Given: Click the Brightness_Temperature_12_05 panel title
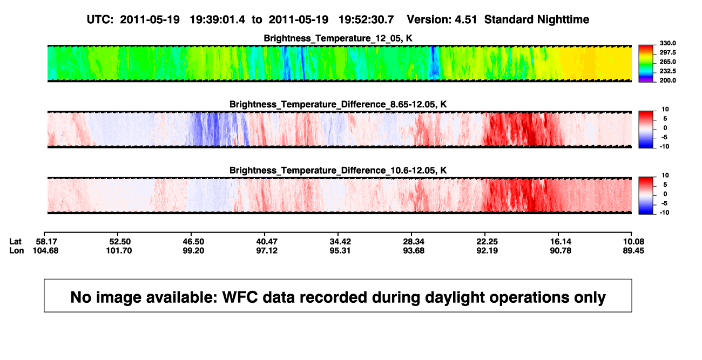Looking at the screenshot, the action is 338,38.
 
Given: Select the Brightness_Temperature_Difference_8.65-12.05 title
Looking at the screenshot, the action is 338,104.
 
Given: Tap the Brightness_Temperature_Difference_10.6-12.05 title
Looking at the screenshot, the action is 338,171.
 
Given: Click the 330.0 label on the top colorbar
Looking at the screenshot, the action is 667,43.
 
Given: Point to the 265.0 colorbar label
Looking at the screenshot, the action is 667,62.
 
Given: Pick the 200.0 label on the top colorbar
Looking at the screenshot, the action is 667,80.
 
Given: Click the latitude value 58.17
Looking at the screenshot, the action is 46,242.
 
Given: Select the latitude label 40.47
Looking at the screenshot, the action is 267,242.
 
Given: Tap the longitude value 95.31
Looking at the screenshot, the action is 340,250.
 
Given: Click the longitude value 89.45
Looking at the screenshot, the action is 633,250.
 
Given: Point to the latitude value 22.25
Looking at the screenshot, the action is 487,242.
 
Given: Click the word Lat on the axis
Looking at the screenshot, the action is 15,242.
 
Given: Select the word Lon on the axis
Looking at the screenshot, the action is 17,250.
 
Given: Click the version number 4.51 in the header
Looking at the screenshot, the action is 465,19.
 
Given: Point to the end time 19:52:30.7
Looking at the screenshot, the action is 366,19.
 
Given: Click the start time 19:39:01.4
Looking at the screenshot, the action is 218,19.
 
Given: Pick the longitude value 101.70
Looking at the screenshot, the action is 119,250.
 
